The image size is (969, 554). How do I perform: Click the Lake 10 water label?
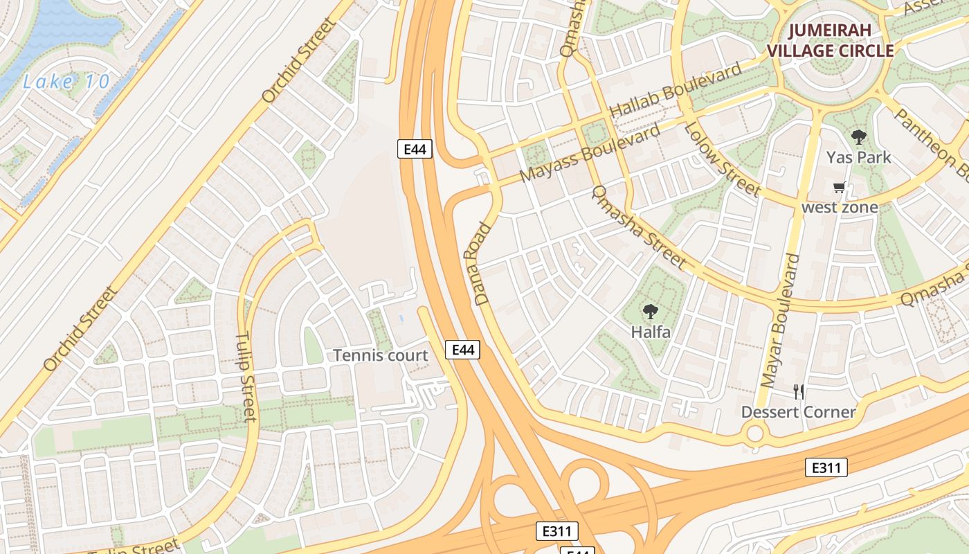(66, 82)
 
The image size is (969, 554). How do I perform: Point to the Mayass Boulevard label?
(590, 154)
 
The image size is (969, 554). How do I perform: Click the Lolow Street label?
(722, 159)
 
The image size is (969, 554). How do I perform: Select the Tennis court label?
(381, 355)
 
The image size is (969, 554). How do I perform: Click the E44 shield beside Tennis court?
(462, 350)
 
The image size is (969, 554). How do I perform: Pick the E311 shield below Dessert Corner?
(826, 468)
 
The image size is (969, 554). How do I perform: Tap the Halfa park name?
(651, 332)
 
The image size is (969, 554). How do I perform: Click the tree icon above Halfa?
(650, 312)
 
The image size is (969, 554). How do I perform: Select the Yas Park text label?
(859, 157)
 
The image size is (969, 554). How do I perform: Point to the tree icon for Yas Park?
(859, 136)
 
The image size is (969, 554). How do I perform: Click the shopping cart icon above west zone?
(840, 187)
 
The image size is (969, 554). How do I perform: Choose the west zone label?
(840, 207)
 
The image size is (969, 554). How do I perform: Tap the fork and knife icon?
(799, 392)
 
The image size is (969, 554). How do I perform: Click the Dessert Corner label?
(799, 412)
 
